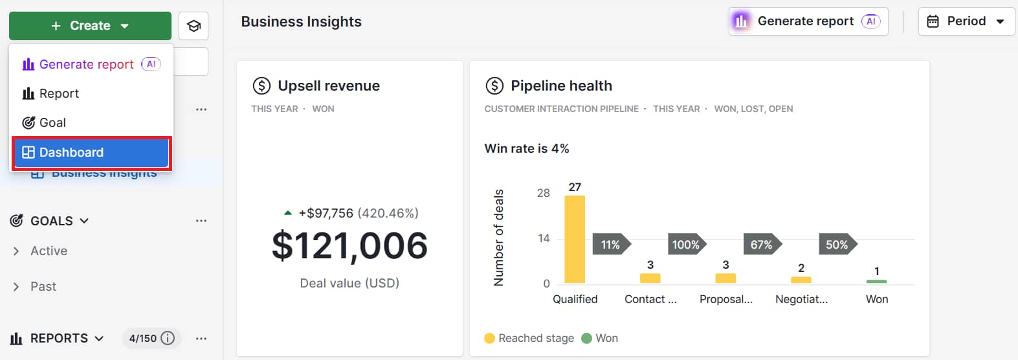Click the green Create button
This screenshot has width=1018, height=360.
click(x=90, y=26)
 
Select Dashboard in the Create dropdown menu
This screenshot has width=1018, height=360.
click(x=91, y=153)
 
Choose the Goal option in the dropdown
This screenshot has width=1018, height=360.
click(x=52, y=123)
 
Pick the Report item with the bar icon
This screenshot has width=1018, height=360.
click(x=58, y=94)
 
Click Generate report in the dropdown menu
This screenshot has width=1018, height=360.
click(x=86, y=64)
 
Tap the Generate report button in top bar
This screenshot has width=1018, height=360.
click(x=808, y=21)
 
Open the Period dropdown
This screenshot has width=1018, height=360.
click(x=966, y=21)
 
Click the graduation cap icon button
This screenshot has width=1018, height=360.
click(x=194, y=26)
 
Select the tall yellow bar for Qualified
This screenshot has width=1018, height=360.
click(x=574, y=240)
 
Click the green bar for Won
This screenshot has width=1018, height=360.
click(x=876, y=281)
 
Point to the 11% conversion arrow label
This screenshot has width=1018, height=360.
click(x=610, y=245)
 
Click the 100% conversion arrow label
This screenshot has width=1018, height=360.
click(x=686, y=245)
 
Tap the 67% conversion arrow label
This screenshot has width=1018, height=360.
click(x=761, y=245)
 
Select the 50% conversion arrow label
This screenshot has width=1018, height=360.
click(x=836, y=245)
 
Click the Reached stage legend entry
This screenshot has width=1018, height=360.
click(x=529, y=338)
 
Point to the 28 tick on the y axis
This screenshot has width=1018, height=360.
click(x=543, y=193)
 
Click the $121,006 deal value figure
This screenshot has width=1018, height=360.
click(x=349, y=246)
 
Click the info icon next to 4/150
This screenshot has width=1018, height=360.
click(x=168, y=338)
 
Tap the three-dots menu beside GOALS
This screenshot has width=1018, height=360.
click(x=201, y=221)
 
